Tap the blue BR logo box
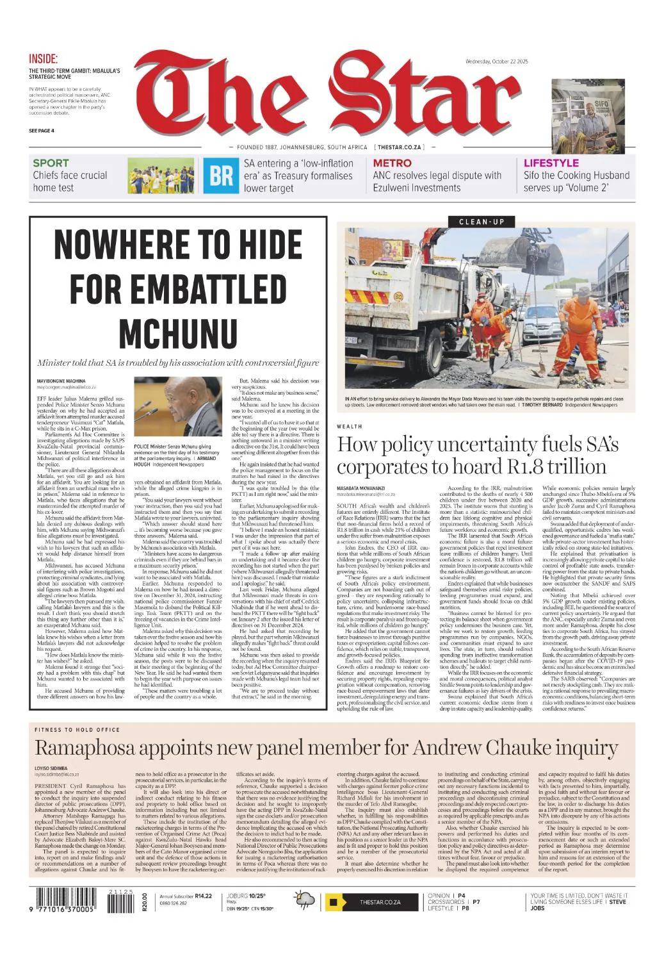coord(221,176)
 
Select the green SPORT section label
coord(51,163)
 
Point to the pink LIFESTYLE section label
coord(551,163)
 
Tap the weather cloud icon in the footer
coord(305,900)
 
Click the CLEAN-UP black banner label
coord(482,222)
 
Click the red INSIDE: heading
coord(43,59)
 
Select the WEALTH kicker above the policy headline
coord(350,426)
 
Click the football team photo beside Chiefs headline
coord(161,176)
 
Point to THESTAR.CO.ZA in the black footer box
coord(380,902)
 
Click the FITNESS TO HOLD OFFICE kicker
coord(77,729)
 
